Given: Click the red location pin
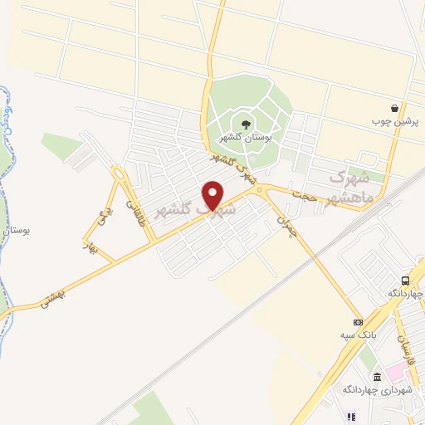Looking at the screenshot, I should [x=213, y=195].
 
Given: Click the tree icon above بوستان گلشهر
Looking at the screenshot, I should [x=246, y=124].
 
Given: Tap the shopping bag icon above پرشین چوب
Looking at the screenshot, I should [x=396, y=108].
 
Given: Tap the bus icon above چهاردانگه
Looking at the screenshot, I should [x=405, y=281].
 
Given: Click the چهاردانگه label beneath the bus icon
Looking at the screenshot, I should [x=405, y=294].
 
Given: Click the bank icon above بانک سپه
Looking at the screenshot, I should [x=358, y=322].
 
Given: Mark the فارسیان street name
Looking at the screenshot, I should [x=403, y=352].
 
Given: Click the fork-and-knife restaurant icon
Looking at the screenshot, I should [x=352, y=417].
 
